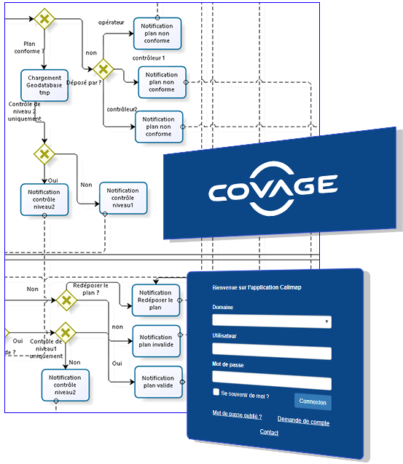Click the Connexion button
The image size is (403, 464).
point(313,401)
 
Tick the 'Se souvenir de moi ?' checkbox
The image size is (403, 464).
point(216,392)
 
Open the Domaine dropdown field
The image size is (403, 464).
point(272,321)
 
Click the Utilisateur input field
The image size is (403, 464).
point(272,351)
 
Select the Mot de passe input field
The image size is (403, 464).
point(272,380)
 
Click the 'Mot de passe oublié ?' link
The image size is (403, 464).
point(238,415)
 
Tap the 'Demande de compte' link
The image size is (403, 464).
point(303,420)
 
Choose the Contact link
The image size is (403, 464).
point(269,432)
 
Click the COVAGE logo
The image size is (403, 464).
point(273,188)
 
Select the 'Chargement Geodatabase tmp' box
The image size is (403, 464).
point(44,85)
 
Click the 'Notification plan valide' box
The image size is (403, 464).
point(158,382)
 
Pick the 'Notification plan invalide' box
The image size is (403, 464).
point(156,341)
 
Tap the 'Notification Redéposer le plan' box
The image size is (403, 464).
point(156,300)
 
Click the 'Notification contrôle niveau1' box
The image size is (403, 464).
point(123,198)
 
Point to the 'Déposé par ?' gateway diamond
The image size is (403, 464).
point(103,69)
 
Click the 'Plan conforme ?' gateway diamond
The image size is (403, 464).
point(44,19)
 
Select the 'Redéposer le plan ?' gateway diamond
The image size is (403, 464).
point(66,300)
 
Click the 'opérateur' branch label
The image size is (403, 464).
point(111,23)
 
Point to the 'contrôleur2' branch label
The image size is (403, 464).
point(122,109)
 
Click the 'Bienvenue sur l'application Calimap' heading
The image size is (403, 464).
point(257,287)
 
